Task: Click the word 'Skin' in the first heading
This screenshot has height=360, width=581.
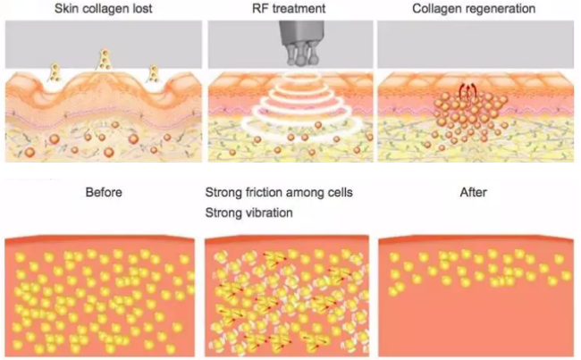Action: tap(65, 9)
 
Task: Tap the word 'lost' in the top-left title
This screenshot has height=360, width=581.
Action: tap(142, 9)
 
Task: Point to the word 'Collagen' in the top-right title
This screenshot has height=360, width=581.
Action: tap(436, 9)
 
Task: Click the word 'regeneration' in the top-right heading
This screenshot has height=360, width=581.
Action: tap(499, 9)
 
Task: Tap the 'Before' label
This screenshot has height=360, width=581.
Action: tap(104, 192)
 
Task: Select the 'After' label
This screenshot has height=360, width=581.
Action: tap(473, 192)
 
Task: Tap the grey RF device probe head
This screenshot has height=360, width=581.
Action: tap(301, 43)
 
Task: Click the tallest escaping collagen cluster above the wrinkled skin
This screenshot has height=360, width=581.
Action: tap(105, 59)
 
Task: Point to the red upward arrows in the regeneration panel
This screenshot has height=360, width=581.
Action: tap(467, 92)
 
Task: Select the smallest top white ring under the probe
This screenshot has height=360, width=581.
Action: tap(302, 76)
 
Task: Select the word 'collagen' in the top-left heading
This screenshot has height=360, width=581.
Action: tap(104, 9)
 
